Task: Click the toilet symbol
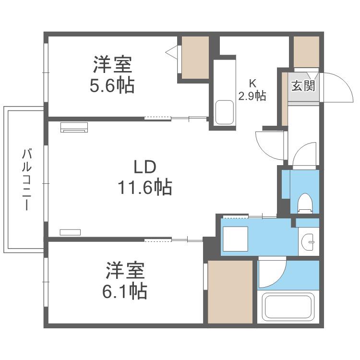(x=305, y=203)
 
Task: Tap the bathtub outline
(x=288, y=307)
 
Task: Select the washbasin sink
(x=308, y=242)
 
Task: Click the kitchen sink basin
(x=225, y=112)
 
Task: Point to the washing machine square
(x=235, y=239)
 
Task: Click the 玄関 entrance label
(x=303, y=86)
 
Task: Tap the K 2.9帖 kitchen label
(x=252, y=90)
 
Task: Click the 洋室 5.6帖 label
(x=112, y=74)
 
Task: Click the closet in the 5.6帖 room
(x=195, y=58)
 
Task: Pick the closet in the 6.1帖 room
(x=230, y=292)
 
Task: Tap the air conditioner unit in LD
(x=74, y=127)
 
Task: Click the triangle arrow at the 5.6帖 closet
(x=171, y=53)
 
